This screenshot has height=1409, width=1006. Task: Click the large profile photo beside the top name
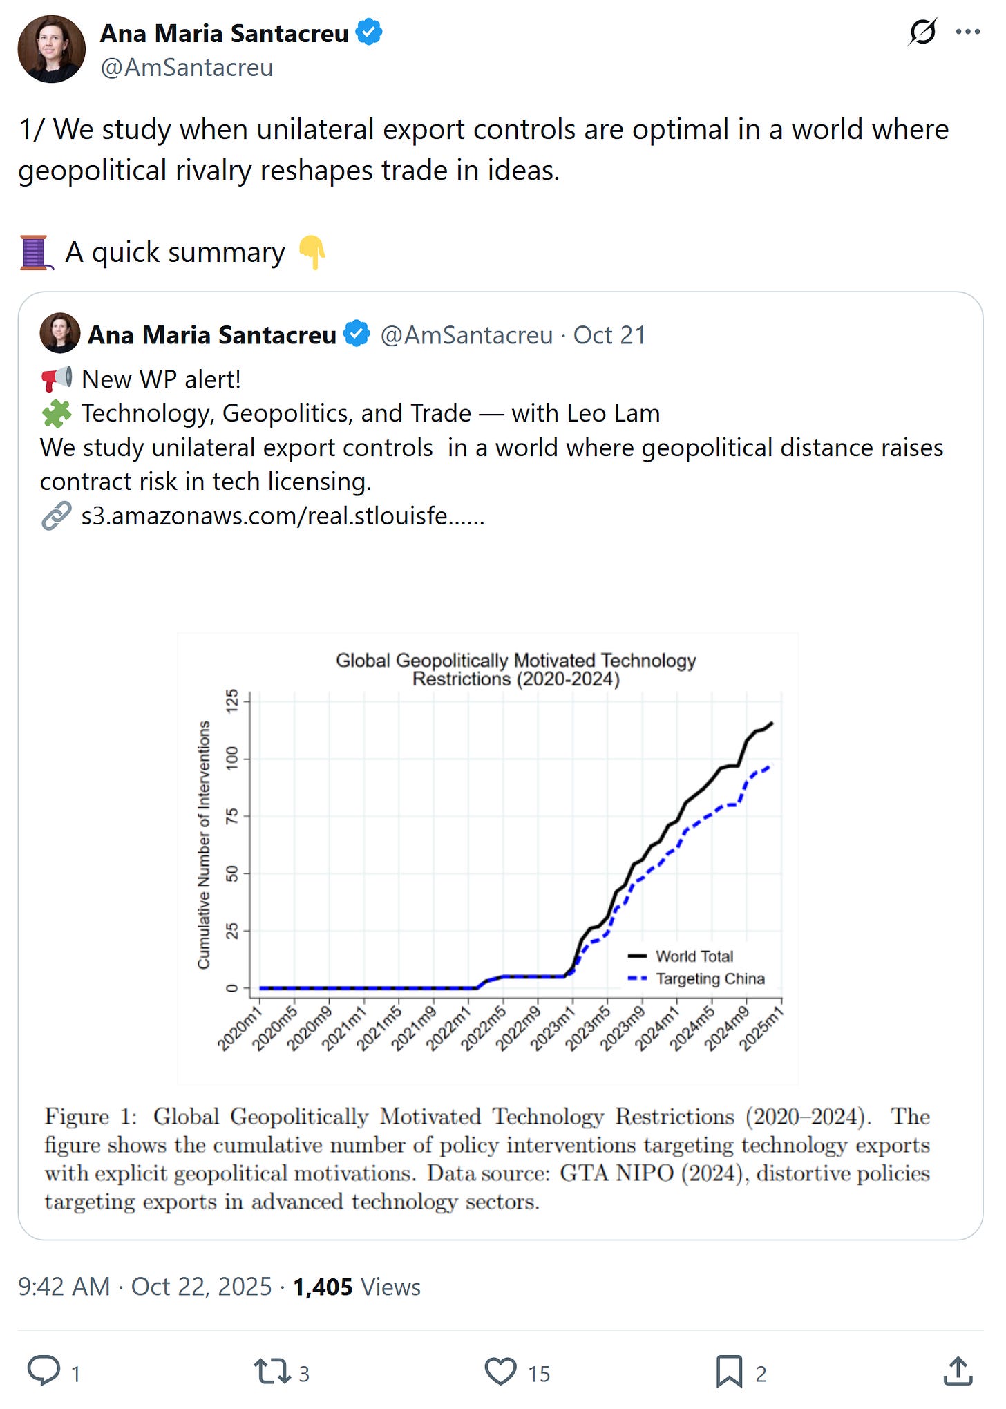coord(51,50)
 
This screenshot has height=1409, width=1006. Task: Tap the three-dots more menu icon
coord(967,32)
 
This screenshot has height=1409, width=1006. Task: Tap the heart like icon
coord(500,1371)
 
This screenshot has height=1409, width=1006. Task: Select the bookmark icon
coord(728,1371)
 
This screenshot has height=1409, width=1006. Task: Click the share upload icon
coord(958,1371)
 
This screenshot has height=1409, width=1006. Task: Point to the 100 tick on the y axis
coord(232,758)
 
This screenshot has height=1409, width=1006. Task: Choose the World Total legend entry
coord(694,956)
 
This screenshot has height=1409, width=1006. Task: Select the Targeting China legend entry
coord(710,978)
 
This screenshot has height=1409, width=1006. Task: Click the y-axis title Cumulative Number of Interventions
coord(203,844)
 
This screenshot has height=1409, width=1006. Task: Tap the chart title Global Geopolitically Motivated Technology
coord(515,661)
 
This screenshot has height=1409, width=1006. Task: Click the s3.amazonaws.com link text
coord(283,516)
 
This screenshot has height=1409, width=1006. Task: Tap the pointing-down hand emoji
coord(312,252)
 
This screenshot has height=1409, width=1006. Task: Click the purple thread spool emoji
coord(35,252)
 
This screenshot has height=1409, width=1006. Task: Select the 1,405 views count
coord(323,1287)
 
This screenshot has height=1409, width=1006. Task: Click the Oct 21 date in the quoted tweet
coord(609,335)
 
